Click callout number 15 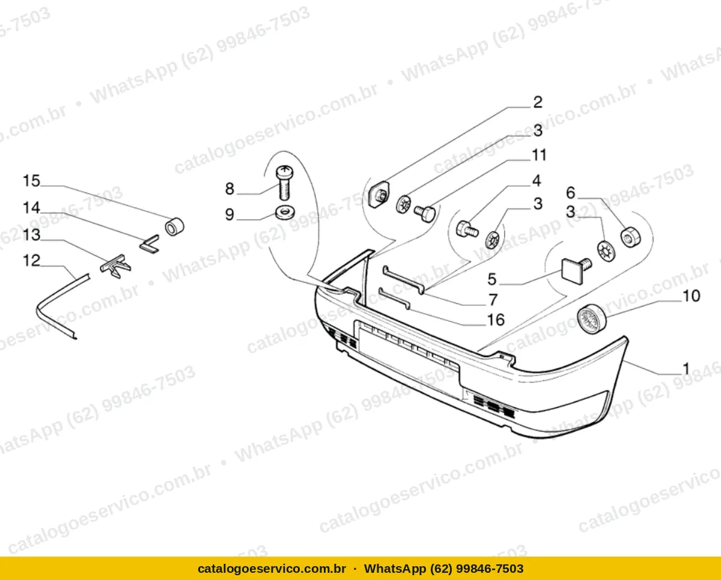[31, 181]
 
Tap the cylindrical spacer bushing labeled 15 [175, 227]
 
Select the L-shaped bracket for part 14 [150, 245]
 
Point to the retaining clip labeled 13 [116, 266]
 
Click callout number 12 [31, 261]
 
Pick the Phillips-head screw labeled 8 [284, 183]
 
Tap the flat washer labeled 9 [285, 212]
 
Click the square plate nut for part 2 [379, 194]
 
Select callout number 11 [539, 155]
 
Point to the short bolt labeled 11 [425, 213]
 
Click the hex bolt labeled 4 [467, 230]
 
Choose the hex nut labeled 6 [630, 237]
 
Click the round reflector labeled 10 [592, 319]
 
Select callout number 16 [496, 320]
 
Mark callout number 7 [493, 300]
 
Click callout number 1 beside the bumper [686, 369]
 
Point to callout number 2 [537, 102]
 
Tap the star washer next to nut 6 [607, 251]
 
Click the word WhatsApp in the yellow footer [391, 569]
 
